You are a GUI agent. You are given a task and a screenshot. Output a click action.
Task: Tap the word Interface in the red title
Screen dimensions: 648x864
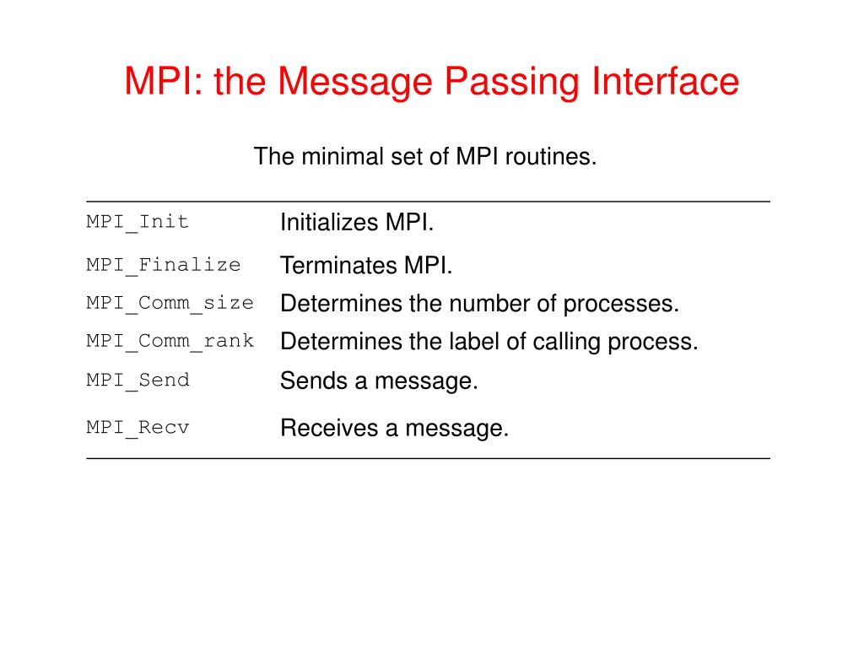tap(667, 82)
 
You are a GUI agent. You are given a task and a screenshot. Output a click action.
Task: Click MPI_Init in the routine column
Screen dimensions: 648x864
tap(138, 222)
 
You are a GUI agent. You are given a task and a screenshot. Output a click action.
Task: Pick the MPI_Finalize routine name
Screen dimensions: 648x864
tap(164, 265)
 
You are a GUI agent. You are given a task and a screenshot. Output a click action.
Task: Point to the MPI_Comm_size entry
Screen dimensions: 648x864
tap(170, 303)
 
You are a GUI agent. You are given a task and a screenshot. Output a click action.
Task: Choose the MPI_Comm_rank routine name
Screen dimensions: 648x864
tap(170, 341)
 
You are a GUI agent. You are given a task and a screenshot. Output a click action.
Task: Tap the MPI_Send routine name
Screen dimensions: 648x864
tap(138, 380)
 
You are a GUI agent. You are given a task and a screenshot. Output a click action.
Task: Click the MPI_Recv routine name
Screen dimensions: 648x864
tap(138, 427)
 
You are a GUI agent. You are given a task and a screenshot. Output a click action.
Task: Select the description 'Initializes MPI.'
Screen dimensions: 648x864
tap(357, 223)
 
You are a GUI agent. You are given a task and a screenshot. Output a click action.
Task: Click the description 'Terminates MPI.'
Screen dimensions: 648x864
tap(366, 266)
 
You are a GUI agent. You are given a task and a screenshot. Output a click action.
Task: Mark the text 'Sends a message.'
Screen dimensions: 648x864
tap(379, 381)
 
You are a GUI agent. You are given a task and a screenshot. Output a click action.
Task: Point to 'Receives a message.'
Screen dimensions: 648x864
tap(394, 428)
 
